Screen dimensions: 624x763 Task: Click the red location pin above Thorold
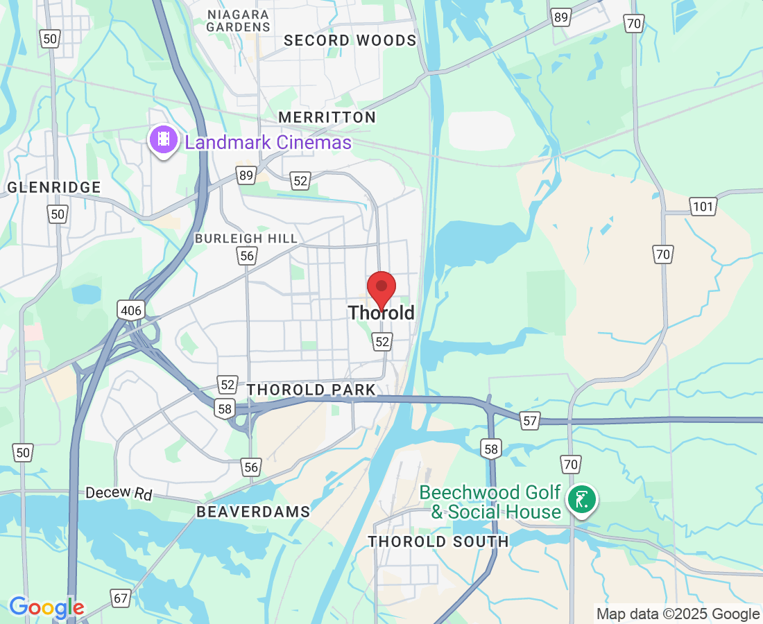381,288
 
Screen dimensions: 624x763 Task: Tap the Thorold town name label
381,313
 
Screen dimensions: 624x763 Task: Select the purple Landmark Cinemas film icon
163,139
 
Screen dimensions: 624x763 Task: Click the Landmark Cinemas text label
268,143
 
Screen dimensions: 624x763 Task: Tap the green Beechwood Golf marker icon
581,499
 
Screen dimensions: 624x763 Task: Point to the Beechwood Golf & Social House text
490,503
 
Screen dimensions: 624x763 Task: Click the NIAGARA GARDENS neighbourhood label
238,20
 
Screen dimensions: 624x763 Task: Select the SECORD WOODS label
350,40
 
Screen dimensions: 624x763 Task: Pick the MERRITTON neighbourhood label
327,117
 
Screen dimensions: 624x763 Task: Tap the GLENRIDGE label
54,187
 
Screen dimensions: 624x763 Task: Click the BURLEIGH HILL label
246,239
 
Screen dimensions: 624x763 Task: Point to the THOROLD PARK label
311,390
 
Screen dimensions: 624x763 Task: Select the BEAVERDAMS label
253,512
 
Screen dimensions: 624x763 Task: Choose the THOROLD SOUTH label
438,541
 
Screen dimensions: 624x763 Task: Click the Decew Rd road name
119,493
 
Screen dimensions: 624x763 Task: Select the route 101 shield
702,205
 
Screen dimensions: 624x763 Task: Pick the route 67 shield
121,598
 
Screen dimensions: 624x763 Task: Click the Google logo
46,608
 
